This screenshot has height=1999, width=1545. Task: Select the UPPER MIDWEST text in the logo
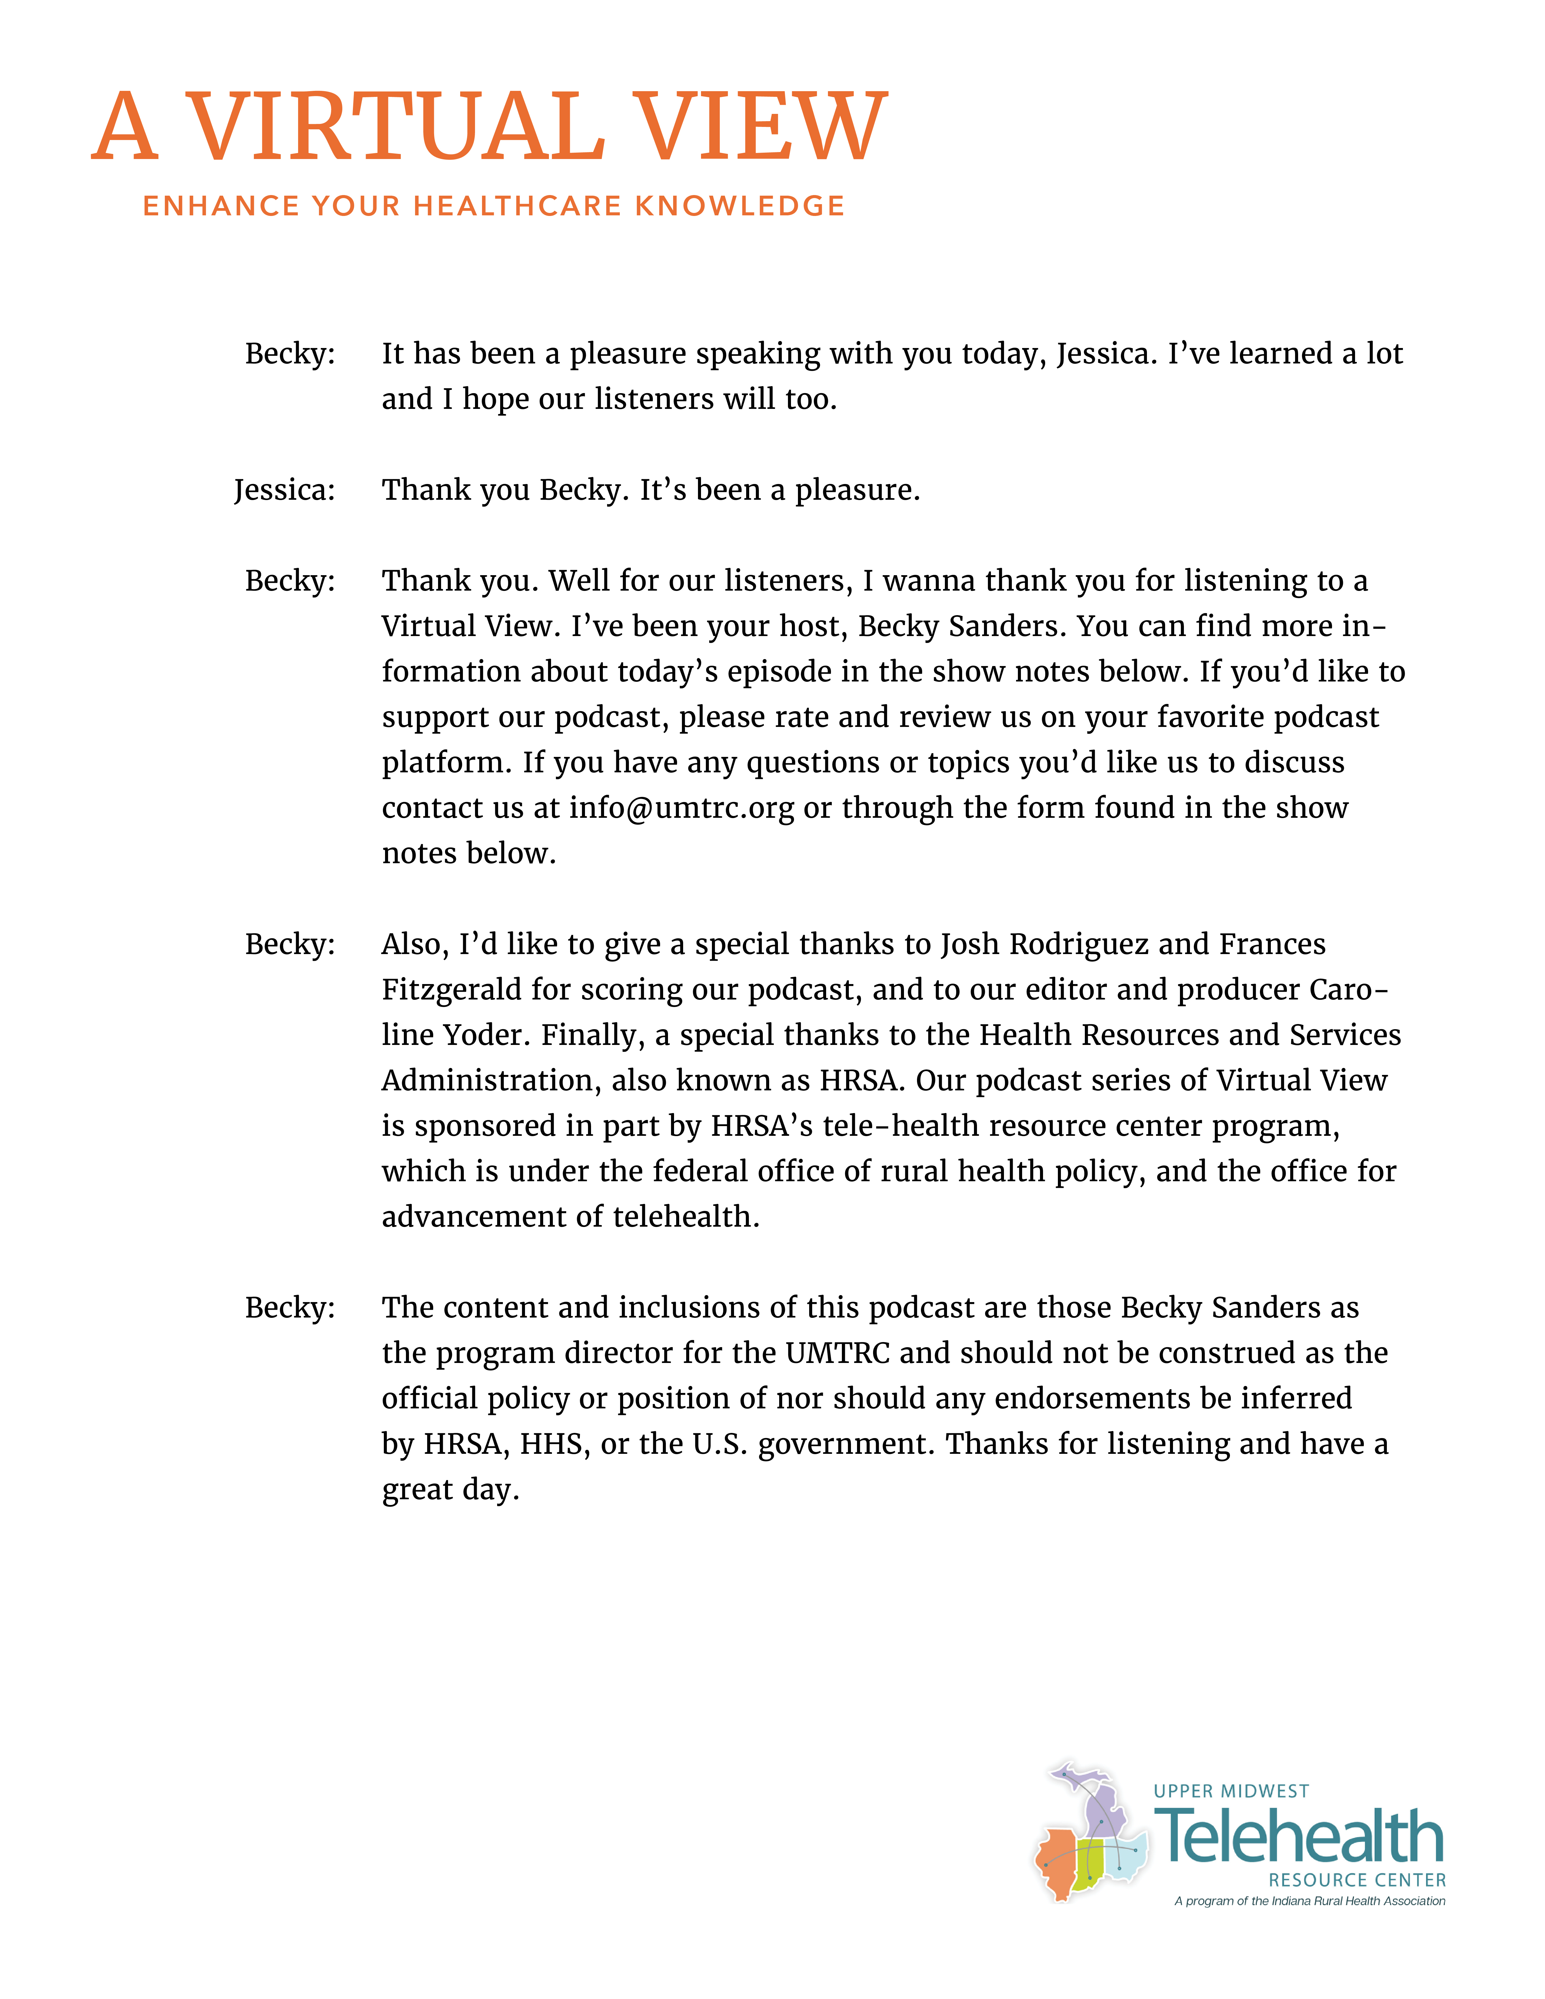[1231, 1791]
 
